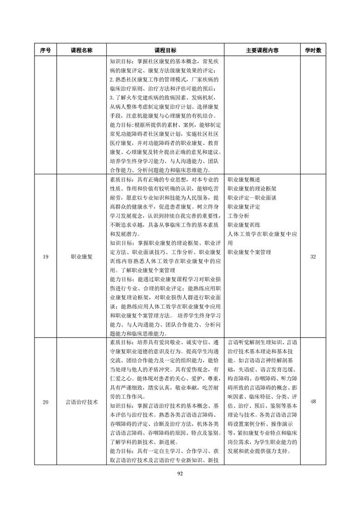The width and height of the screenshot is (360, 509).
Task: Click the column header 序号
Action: point(45,51)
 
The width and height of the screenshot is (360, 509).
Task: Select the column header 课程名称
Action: point(82,51)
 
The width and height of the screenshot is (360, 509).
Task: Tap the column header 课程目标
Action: point(165,51)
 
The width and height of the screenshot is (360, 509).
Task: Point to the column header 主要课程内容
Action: point(262,51)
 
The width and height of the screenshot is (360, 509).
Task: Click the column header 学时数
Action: point(313,51)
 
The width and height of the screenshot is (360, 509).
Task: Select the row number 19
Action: point(45,257)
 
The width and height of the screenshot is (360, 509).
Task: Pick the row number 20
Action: point(45,402)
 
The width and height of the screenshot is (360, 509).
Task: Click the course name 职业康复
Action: point(82,257)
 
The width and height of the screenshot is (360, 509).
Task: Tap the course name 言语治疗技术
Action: point(82,402)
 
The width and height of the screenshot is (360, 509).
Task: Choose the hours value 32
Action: point(313,257)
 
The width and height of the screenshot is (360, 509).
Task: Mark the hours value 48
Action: point(313,402)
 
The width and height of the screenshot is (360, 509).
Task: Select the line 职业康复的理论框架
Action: point(252,189)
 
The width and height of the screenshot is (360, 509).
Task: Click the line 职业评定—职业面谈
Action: point(252,198)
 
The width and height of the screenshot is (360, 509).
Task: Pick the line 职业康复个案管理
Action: point(249,252)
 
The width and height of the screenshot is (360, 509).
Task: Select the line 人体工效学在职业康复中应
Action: point(262,234)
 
